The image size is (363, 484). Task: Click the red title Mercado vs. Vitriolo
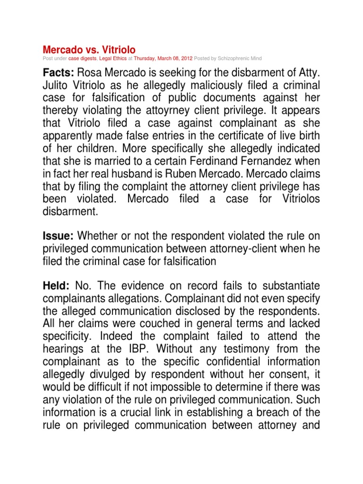coord(89,50)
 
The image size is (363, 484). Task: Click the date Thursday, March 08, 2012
coord(162,58)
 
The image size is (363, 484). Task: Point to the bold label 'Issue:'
coord(59,236)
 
